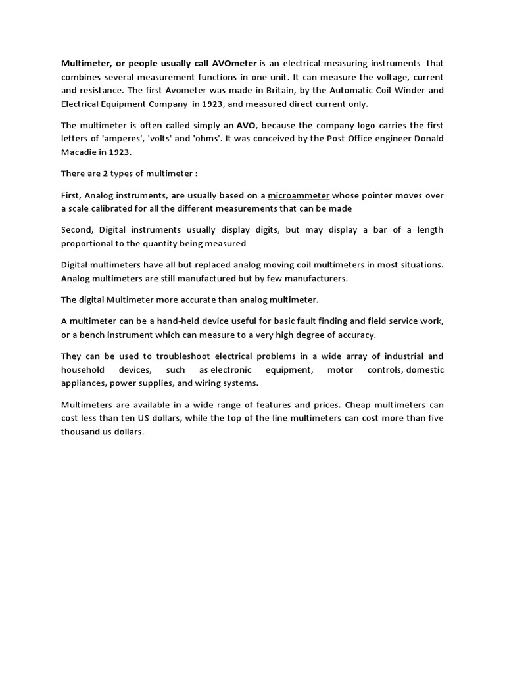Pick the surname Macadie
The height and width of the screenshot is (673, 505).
tap(79, 152)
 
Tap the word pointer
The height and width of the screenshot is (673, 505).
tap(373, 195)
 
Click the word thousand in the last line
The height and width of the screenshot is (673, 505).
tap(82, 432)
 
